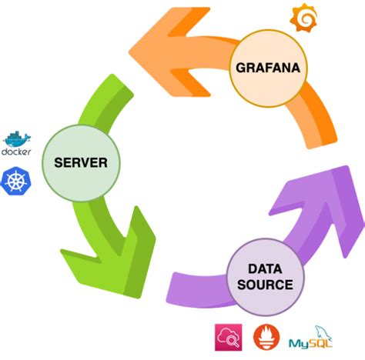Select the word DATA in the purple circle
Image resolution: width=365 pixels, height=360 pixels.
(x=264, y=269)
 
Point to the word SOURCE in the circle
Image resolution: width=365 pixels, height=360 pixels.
(x=264, y=285)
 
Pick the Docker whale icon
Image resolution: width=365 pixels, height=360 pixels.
(x=16, y=138)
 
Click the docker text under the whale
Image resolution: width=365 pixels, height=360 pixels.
(x=16, y=152)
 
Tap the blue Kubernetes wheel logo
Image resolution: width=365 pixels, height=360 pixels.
(x=16, y=182)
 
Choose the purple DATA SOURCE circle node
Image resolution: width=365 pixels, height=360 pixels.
(x=264, y=277)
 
